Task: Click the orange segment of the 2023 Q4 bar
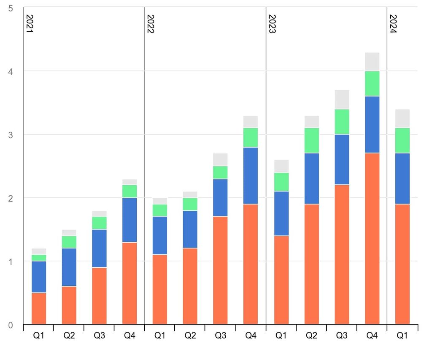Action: click(372, 238)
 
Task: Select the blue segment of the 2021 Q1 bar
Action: click(39, 277)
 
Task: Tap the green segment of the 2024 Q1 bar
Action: click(402, 141)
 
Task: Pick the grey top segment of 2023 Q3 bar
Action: click(342, 100)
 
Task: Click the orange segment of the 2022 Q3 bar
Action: click(220, 270)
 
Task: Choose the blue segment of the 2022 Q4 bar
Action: click(251, 176)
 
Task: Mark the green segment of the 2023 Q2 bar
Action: click(311, 141)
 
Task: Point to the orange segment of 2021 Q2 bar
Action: click(69, 306)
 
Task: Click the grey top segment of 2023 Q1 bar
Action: click(281, 166)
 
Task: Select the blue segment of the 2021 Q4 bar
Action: click(130, 220)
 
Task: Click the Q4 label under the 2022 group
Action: click(251, 336)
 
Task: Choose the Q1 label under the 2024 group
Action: click(402, 336)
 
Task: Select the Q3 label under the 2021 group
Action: click(100, 336)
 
